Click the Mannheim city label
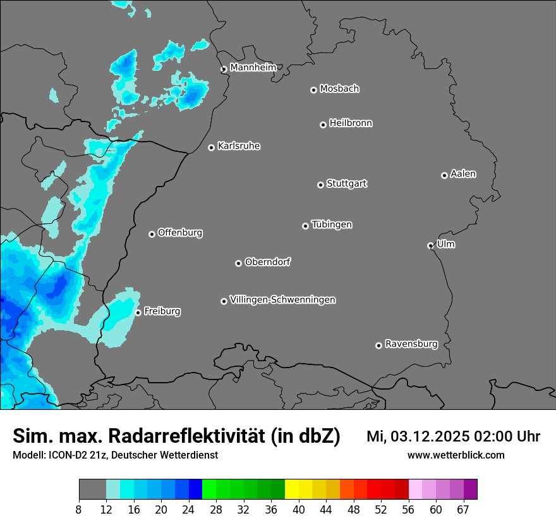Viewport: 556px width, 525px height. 253,68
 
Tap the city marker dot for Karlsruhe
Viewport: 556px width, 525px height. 212,147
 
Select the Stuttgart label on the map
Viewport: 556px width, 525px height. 346,184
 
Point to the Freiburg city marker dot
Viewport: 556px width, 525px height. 138,312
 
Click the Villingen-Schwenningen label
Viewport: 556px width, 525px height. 282,300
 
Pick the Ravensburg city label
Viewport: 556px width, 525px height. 411,345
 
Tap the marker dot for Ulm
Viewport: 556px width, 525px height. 430,245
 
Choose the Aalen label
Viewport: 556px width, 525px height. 463,174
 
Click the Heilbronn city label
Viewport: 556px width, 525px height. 351,123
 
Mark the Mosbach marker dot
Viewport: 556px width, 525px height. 313,90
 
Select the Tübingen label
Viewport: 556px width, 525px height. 332,225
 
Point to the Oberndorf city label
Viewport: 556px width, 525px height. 267,262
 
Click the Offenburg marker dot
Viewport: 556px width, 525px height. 152,234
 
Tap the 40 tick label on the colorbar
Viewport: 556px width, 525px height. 299,510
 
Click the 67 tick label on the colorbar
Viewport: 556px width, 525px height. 463,510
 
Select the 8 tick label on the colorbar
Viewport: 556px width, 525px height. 79,510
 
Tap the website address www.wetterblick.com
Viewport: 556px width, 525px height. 456,455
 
